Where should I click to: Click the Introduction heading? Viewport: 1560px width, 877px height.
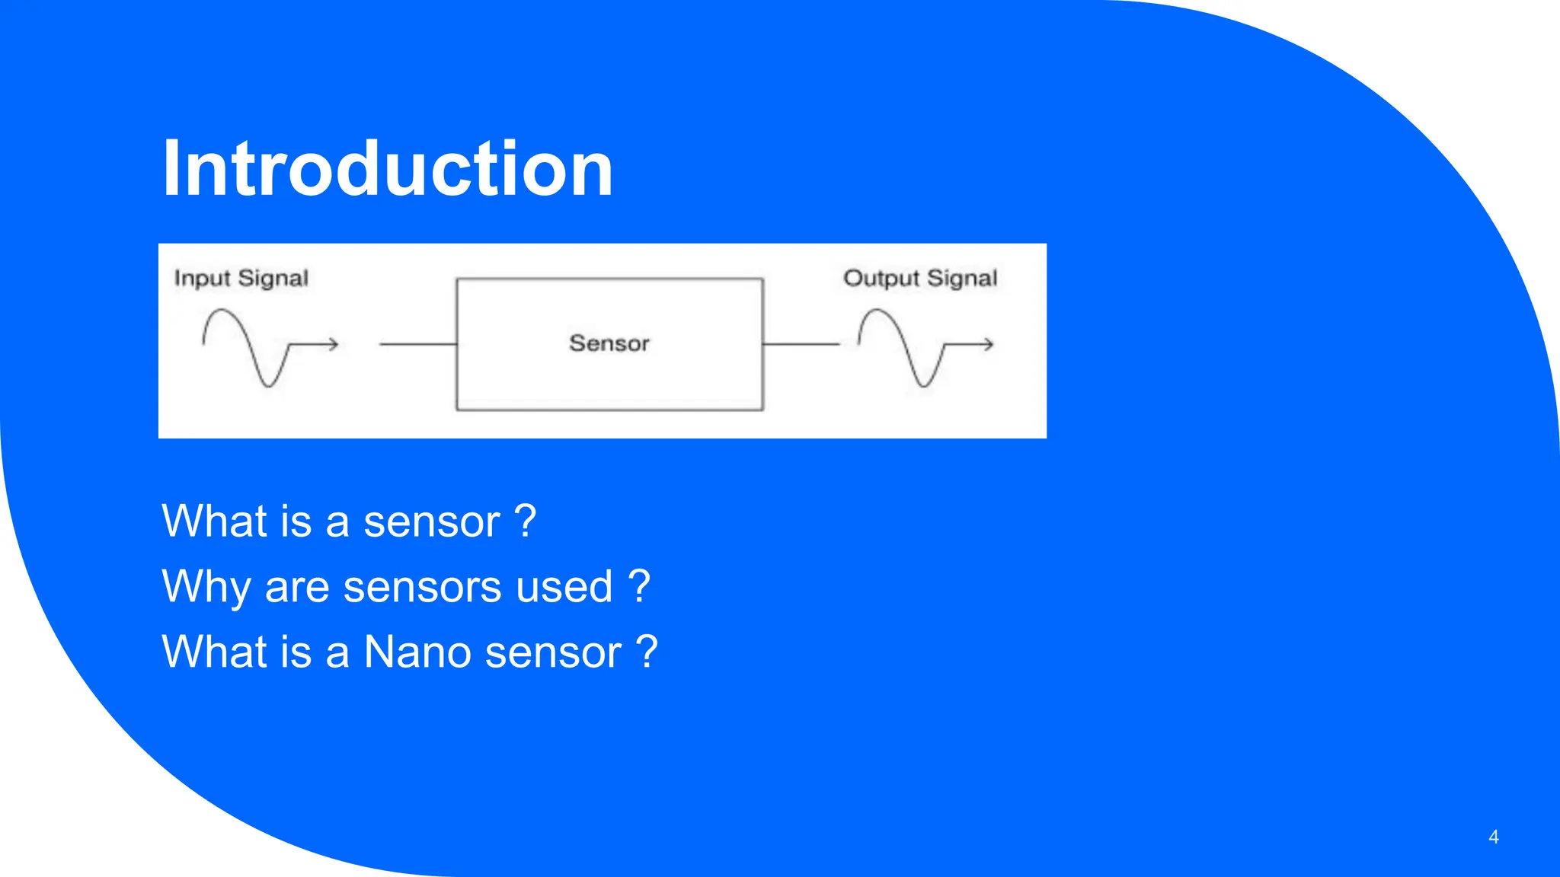tap(388, 168)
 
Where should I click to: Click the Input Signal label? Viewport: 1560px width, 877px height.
tap(241, 279)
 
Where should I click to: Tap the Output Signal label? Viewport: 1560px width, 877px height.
tap(919, 279)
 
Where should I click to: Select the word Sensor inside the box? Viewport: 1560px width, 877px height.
tap(609, 343)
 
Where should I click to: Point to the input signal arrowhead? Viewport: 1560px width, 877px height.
tap(333, 345)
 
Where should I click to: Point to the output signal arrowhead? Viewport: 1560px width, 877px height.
tap(988, 345)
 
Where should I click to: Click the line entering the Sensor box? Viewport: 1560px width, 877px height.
tap(417, 345)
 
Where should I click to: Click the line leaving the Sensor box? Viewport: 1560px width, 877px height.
tap(800, 345)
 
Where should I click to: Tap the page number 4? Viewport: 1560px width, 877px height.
tap(1493, 837)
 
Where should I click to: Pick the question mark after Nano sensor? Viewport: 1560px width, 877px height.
tap(647, 652)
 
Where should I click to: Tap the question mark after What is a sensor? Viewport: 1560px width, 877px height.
tap(526, 521)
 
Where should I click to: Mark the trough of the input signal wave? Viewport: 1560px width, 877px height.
tap(267, 384)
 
